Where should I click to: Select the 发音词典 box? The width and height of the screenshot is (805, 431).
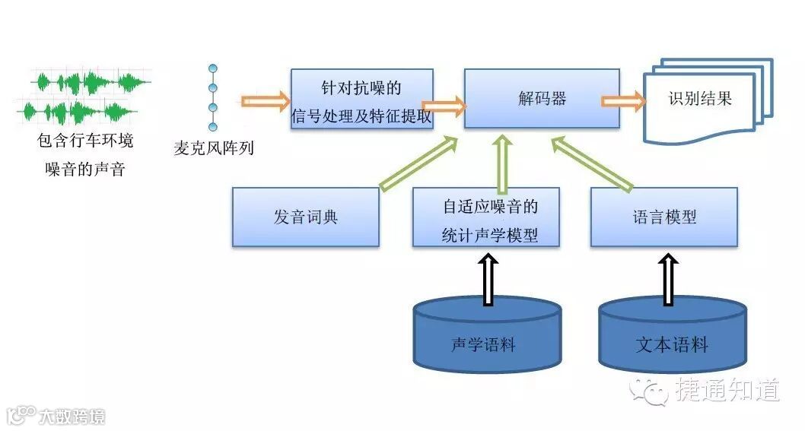pyautogui.click(x=305, y=217)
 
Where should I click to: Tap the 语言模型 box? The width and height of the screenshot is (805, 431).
pyautogui.click(x=663, y=217)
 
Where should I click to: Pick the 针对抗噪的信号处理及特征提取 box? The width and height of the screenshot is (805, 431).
pyautogui.click(x=361, y=100)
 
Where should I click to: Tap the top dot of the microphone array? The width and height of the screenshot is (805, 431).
pyautogui.click(x=213, y=69)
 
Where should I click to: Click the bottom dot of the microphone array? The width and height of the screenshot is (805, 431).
pyautogui.click(x=213, y=126)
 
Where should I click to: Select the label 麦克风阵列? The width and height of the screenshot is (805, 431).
pyautogui.click(x=213, y=148)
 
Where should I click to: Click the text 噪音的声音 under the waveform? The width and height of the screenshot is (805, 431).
pyautogui.click(x=84, y=169)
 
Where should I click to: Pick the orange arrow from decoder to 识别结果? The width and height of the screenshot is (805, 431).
pyautogui.click(x=622, y=101)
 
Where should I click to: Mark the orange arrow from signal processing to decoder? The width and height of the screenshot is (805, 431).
pyautogui.click(x=443, y=106)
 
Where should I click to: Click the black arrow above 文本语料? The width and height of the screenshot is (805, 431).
pyautogui.click(x=668, y=279)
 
